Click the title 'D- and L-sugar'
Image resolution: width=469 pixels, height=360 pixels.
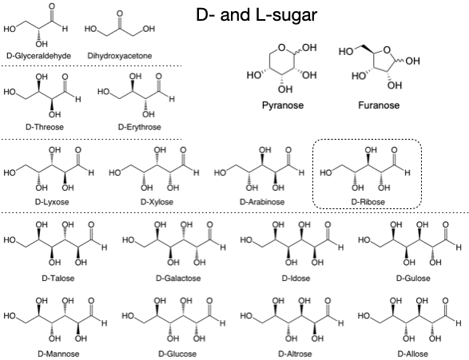click(256, 15)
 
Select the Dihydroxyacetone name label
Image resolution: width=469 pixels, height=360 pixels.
click(124, 56)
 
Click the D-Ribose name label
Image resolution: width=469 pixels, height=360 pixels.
click(368, 202)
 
